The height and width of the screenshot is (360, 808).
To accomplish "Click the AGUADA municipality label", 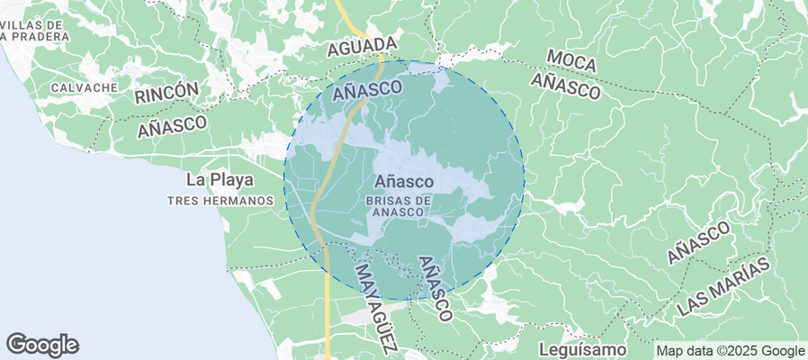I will (363, 46).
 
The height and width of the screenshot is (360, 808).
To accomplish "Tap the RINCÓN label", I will (166, 93).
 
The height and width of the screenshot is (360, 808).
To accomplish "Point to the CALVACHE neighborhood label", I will (85, 87).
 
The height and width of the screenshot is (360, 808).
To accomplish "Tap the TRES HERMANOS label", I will (220, 200).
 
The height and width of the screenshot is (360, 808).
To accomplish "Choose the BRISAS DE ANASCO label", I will (401, 205).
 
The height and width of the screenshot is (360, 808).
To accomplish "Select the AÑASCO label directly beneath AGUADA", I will (365, 90).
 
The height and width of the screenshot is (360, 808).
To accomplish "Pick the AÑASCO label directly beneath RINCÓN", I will (173, 126).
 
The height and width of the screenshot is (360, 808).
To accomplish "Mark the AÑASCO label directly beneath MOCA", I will (565, 86).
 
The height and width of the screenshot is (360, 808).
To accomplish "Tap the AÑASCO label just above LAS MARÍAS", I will (698, 243).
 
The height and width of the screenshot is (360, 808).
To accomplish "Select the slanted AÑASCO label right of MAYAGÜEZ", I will (435, 288).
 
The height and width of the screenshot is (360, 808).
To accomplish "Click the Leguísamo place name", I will (581, 348).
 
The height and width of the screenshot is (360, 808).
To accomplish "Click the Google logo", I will (42, 345).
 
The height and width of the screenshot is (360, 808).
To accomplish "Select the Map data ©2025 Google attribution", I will (730, 351).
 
